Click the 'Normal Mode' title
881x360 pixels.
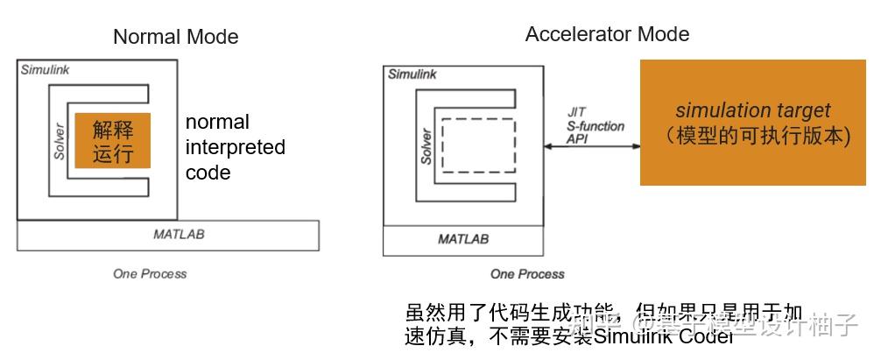click(175, 37)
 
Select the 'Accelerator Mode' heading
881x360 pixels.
click(607, 34)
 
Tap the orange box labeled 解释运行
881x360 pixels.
click(112, 140)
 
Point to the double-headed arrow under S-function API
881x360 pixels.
click(592, 146)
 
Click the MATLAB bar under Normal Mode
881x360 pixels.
click(167, 235)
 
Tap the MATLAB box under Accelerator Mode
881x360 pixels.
click(463, 239)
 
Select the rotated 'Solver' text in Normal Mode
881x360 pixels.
click(60, 140)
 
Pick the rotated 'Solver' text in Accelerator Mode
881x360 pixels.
click(426, 145)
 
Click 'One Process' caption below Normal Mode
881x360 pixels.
click(150, 273)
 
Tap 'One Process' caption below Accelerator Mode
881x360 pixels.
click(527, 274)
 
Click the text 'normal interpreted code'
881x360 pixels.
click(235, 147)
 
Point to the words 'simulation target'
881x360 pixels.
click(752, 111)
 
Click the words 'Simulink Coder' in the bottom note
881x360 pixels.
click(663, 336)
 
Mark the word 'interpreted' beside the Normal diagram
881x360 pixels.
click(235, 147)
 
